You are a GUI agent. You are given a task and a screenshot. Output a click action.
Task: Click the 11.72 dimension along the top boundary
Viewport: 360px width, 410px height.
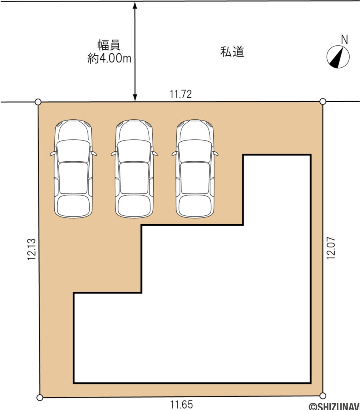click(x=181, y=94)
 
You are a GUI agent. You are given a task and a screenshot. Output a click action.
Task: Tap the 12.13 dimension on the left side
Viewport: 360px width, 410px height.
click(x=32, y=250)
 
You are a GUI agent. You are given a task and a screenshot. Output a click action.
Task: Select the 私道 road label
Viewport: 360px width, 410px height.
click(x=232, y=52)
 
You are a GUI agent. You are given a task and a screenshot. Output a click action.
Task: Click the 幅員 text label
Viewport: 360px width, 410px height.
click(x=109, y=44)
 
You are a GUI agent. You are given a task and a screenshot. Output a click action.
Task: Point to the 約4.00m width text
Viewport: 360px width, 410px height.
click(x=109, y=59)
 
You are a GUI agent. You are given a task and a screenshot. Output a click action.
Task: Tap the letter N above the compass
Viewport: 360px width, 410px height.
click(x=344, y=39)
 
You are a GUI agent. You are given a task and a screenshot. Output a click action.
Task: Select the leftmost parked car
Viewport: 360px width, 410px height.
click(x=73, y=169)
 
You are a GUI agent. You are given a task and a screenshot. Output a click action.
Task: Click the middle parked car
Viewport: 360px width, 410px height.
click(x=134, y=169)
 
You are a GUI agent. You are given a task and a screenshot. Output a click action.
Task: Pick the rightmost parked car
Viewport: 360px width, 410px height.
click(x=195, y=169)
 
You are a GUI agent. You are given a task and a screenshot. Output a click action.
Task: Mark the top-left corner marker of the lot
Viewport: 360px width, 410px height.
click(x=38, y=102)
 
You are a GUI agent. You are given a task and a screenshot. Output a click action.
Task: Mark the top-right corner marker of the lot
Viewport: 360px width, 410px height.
click(x=323, y=101)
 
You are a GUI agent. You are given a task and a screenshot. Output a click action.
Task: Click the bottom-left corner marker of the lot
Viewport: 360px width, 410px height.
click(x=40, y=398)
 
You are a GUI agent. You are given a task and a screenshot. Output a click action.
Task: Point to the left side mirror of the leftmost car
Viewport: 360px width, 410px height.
click(x=52, y=153)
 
